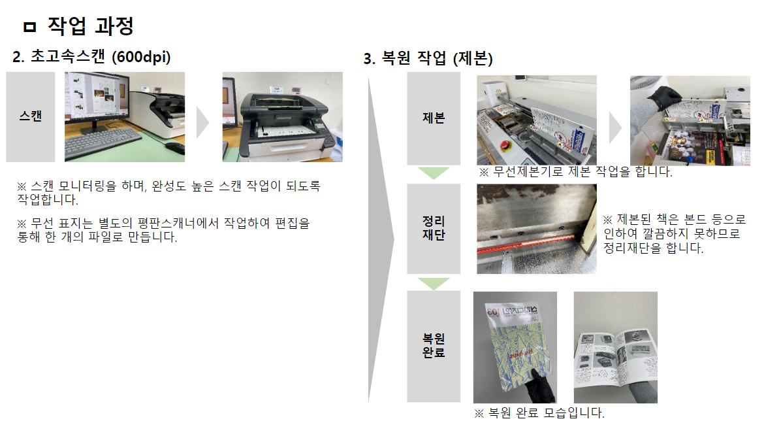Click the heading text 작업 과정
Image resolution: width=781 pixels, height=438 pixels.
91,26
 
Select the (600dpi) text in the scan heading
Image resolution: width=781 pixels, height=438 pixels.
141,57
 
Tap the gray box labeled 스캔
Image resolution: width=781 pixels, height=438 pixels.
31,117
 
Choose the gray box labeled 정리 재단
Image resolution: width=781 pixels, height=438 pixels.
434,228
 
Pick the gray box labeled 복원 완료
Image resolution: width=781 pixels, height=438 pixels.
434,346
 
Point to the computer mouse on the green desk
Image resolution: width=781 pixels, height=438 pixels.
175,147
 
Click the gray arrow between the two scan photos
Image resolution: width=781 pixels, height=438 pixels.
202,123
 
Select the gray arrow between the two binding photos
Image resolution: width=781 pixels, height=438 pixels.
616,127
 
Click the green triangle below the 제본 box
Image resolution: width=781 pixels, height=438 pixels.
434,173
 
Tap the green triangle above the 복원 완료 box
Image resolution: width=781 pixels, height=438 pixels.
434,283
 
